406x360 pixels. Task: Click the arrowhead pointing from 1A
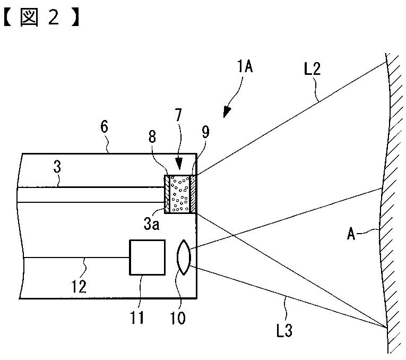click(227, 112)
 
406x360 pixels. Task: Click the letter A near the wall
click(352, 234)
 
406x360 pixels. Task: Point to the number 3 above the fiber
click(57, 167)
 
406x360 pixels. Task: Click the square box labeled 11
click(146, 258)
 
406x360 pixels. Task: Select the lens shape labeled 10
click(183, 258)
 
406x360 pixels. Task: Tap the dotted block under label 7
click(180, 194)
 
